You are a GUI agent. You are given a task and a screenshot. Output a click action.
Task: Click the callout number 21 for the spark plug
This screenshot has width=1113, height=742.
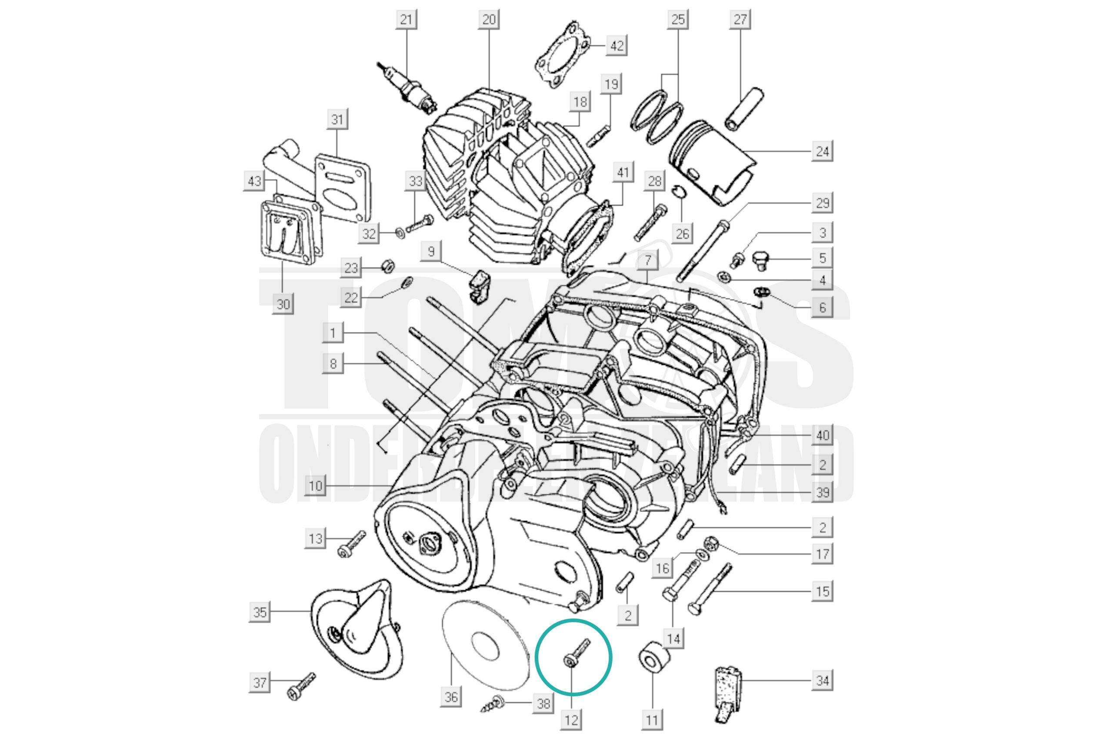pyautogui.click(x=406, y=20)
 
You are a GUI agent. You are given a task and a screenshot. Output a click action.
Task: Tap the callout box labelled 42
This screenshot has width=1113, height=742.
pyautogui.click(x=617, y=46)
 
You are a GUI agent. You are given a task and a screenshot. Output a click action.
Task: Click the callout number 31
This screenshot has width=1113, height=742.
pyautogui.click(x=337, y=119)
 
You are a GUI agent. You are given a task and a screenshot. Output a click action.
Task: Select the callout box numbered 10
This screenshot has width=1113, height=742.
pyautogui.click(x=316, y=486)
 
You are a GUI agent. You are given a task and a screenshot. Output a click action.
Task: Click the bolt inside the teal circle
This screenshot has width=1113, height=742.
pyautogui.click(x=577, y=653)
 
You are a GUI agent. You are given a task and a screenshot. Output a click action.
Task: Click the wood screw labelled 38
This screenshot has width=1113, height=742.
pyautogui.click(x=493, y=704)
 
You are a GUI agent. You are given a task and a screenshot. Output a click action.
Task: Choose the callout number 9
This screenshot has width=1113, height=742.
pyautogui.click(x=430, y=251)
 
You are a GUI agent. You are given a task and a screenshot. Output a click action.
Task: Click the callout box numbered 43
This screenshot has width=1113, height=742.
pyautogui.click(x=255, y=181)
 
